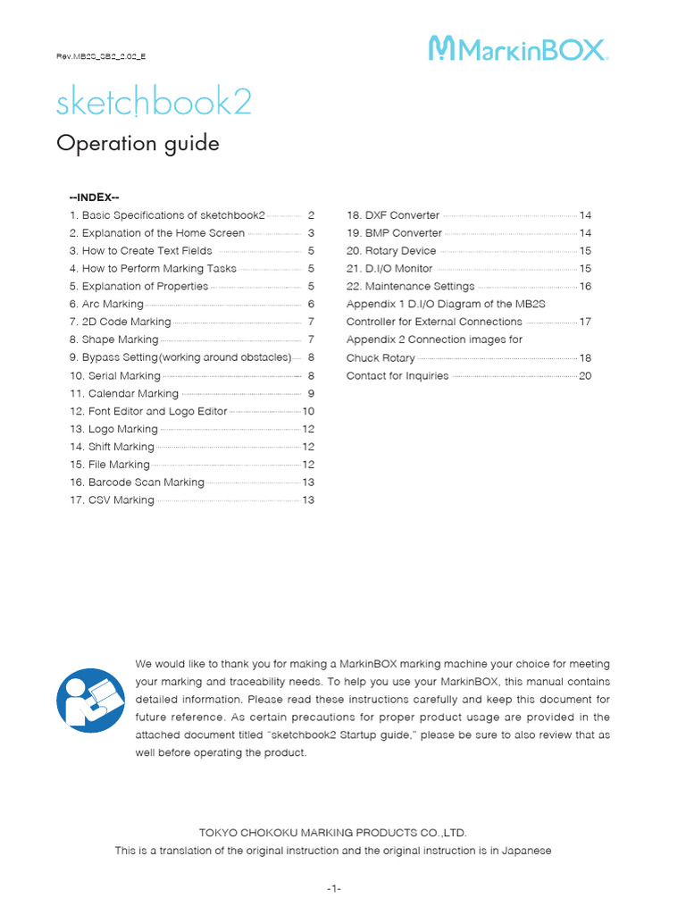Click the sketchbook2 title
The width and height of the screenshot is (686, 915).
tap(154, 104)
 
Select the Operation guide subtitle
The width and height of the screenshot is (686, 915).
tap(138, 144)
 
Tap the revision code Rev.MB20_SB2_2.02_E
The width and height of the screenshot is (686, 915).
tap(101, 56)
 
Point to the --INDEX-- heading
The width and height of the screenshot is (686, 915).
tap(95, 197)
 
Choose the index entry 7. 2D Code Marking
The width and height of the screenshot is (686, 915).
tap(120, 322)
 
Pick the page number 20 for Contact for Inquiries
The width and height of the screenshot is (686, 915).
tap(585, 376)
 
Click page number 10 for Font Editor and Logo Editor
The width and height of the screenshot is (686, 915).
tap(309, 411)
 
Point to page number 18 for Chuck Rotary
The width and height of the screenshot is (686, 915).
tap(585, 358)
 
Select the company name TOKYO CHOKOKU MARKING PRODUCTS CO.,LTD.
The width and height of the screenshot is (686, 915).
tap(333, 833)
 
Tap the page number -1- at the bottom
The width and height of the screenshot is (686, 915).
tap(334, 889)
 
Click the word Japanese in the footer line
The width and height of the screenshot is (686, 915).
tap(530, 851)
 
